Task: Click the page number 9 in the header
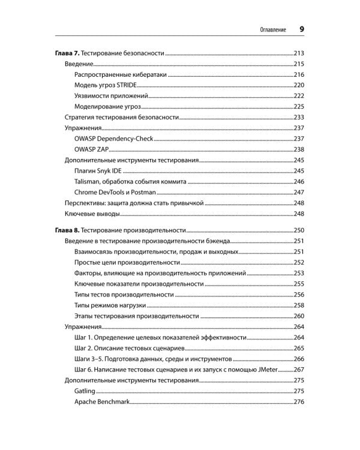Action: tap(302, 29)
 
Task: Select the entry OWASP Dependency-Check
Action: tap(114, 139)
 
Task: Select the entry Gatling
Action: tap(85, 391)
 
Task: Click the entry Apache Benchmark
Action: tap(102, 401)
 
